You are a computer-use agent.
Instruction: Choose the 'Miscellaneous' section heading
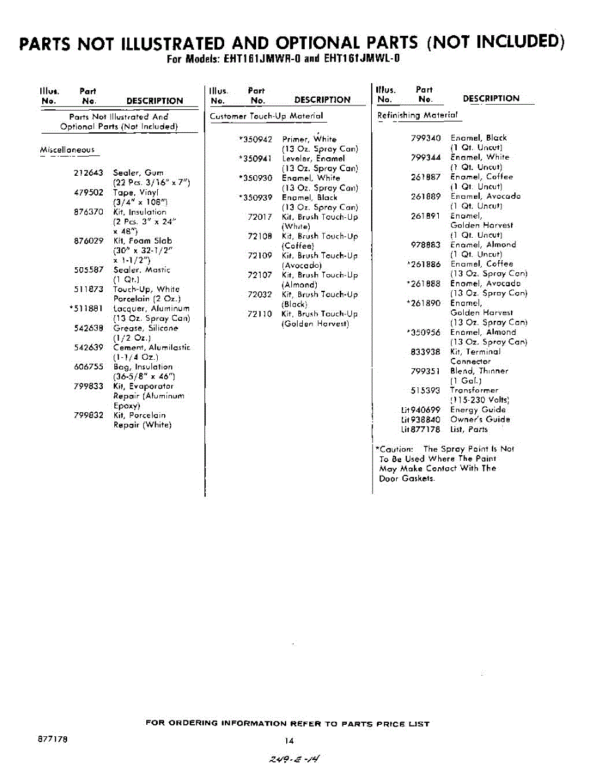point(67,150)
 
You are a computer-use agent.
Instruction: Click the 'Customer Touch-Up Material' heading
point(266,116)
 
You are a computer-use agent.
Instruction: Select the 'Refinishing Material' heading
point(418,115)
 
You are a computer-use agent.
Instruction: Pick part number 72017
point(260,217)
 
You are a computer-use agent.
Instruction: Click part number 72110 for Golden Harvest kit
point(260,314)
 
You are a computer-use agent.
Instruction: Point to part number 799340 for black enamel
point(425,138)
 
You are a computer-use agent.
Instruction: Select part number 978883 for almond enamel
point(425,245)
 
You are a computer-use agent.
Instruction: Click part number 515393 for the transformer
point(425,391)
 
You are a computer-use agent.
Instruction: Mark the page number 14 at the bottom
point(289,741)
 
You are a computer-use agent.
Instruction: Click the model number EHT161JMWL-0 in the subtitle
point(362,59)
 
